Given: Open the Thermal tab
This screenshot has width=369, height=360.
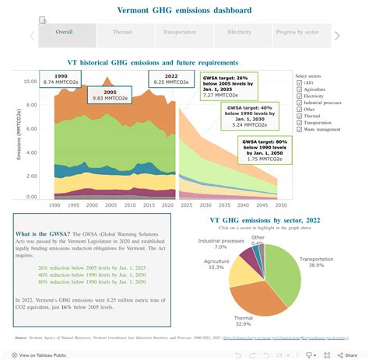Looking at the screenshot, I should pyautogui.click(x=122, y=33).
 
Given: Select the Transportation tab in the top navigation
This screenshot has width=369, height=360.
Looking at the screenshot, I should pyautogui.click(x=179, y=33).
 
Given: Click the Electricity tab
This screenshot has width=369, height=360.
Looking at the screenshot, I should pyautogui.click(x=239, y=33).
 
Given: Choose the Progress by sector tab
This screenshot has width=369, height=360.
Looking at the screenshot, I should pyautogui.click(x=297, y=33).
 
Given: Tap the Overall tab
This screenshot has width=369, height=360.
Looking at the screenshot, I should pyautogui.click(x=64, y=33).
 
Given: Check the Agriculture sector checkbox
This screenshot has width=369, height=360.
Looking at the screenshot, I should pyautogui.click(x=300, y=90).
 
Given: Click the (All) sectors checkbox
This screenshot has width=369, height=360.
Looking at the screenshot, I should pyautogui.click(x=300, y=82).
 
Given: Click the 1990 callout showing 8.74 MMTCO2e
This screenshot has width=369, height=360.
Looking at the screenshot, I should pyautogui.click(x=58, y=79).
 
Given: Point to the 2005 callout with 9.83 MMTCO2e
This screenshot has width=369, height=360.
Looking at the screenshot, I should pyautogui.click(x=111, y=95).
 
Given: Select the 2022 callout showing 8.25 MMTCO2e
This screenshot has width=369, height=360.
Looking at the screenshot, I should pyautogui.click(x=164, y=78).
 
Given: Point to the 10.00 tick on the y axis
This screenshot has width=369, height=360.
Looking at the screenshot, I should pyautogui.click(x=30, y=81).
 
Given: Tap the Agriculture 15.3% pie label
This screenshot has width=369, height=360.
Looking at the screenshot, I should pyautogui.click(x=216, y=264).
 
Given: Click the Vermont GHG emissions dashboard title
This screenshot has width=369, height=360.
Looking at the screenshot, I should pyautogui.click(x=184, y=10).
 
